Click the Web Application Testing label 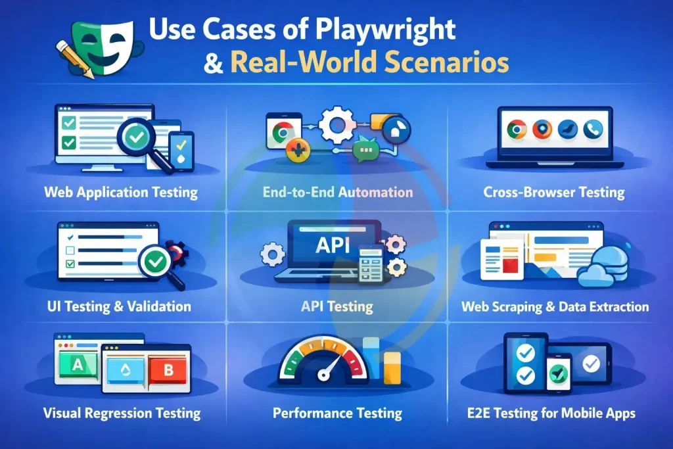(x=121, y=193)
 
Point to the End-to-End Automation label (x=337, y=192)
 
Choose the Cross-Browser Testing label (x=553, y=193)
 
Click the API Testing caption (x=336, y=306)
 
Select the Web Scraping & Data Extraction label (x=555, y=306)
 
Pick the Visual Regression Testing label (x=122, y=414)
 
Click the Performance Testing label (x=337, y=414)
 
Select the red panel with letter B (x=168, y=369)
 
